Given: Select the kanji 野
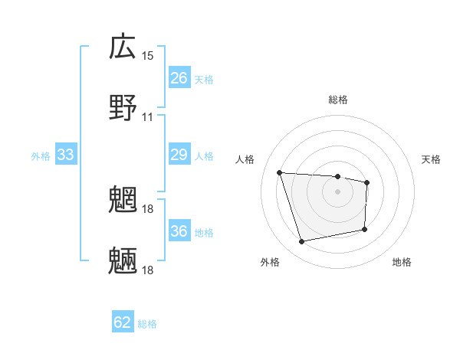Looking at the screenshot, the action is (123, 108).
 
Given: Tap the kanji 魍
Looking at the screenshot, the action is (123, 199).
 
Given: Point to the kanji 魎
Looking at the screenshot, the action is (123, 260).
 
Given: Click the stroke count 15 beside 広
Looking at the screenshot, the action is (148, 56).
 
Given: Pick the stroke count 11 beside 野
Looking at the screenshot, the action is (148, 117).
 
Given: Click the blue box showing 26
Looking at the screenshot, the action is (179, 78).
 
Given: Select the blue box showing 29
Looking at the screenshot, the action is (179, 155).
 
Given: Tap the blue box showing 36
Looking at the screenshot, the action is (179, 231).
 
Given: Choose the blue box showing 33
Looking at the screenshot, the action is (65, 155).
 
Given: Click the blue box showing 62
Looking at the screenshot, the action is (123, 322).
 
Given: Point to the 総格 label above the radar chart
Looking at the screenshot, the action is (338, 100).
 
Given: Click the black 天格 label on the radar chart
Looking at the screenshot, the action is (431, 159).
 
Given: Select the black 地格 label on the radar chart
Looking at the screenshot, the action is (402, 262).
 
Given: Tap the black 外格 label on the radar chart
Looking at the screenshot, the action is (270, 262).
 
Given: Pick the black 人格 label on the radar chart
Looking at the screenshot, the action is (245, 159).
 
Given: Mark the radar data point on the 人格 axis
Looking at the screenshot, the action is (280, 172).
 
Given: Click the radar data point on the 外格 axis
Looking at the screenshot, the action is (302, 242).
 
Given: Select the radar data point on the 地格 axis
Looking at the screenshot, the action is (365, 229).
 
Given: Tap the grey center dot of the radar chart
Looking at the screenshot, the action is (338, 191).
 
